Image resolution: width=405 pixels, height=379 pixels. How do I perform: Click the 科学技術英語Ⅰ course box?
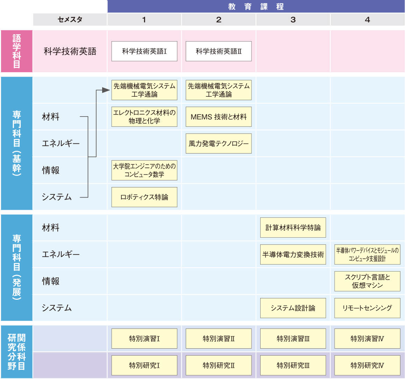click(x=144, y=51)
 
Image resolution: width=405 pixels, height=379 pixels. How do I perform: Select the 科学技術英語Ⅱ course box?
click(x=219, y=51)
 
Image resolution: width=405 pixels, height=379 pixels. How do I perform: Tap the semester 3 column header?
click(x=293, y=20)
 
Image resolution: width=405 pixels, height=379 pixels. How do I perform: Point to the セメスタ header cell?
click(x=70, y=20)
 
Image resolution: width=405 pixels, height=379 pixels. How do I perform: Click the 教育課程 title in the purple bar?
click(x=256, y=6)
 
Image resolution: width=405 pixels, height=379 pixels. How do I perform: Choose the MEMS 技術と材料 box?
click(x=219, y=117)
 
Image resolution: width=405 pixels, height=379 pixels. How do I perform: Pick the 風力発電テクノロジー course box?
click(x=219, y=143)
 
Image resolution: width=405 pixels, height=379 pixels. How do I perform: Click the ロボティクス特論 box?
click(x=144, y=197)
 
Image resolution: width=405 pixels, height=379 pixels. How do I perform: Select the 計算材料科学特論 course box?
click(x=293, y=228)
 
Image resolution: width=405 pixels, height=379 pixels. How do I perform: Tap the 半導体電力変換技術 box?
click(x=293, y=254)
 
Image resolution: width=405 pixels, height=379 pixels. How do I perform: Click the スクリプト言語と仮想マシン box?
click(x=367, y=281)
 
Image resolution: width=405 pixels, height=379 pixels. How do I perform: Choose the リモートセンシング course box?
click(x=367, y=308)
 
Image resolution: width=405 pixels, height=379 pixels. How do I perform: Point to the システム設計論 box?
click(x=293, y=308)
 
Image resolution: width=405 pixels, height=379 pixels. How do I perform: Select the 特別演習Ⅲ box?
click(x=293, y=339)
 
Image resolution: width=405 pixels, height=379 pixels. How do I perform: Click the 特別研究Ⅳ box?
click(x=367, y=365)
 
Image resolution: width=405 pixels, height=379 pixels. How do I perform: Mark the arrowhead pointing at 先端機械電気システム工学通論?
click(x=106, y=90)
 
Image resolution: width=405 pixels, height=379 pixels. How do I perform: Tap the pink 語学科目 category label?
click(x=16, y=51)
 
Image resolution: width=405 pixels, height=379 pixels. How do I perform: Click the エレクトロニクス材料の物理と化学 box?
click(x=144, y=117)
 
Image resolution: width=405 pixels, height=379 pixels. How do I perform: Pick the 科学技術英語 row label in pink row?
click(x=70, y=51)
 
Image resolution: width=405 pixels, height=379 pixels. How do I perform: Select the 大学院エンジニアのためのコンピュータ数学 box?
click(x=144, y=170)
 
